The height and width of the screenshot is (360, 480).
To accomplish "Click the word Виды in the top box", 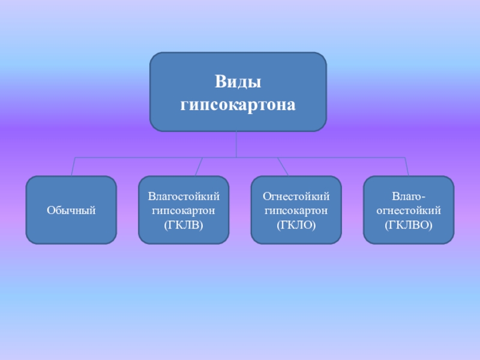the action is coord(238,80).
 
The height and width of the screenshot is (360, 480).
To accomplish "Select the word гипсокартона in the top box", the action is coord(238,104).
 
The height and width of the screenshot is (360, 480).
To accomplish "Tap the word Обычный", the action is coord(71,211).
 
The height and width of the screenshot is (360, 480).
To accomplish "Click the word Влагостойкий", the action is coord(184,196).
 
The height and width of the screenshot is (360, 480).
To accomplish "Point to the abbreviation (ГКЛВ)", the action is coord(184,226).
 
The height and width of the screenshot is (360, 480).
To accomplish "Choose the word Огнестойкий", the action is coord(296,196).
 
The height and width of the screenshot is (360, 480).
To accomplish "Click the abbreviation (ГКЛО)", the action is coord(296,226).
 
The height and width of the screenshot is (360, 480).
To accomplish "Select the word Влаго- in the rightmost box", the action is coord(409,196).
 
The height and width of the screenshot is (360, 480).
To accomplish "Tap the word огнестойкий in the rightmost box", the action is coord(409,211).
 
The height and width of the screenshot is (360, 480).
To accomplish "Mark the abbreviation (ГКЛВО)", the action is coord(409,226).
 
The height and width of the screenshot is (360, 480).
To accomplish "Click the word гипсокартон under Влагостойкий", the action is coord(184,211).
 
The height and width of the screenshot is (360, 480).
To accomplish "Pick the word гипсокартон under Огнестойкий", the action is coord(296,211).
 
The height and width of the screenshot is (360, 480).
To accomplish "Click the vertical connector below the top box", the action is coord(237,144).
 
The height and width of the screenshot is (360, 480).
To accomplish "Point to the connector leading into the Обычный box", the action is coord(73,167).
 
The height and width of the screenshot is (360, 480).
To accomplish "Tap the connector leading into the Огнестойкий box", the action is coord(283,167).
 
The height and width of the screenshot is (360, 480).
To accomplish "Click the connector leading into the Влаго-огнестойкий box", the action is coord(407,167).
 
